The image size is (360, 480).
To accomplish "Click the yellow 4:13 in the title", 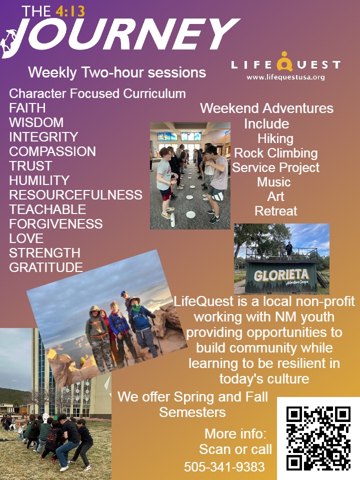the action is [70, 11].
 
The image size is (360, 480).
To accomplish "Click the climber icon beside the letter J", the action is [8, 42].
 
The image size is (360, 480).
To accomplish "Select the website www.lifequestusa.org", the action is [285, 77].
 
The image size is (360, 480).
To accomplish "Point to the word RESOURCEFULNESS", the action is [75, 195].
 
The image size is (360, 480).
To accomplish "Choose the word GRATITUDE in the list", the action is [46, 267].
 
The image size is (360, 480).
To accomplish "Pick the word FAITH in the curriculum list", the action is [27, 108].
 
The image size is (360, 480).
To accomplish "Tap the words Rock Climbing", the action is [276, 153].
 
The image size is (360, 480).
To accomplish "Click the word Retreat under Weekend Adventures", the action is [276, 211].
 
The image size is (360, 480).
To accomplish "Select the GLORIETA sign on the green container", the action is [281, 275].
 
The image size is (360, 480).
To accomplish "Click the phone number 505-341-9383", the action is [224, 467].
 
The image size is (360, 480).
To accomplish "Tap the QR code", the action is [318, 438].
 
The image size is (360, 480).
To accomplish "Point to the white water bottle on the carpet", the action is [172, 220].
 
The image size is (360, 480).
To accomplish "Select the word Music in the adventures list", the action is [274, 182].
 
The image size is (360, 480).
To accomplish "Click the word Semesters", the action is [192, 412].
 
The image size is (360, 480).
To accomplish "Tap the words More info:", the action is [235, 434].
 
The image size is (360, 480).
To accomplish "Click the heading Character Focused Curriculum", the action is [97, 93].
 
